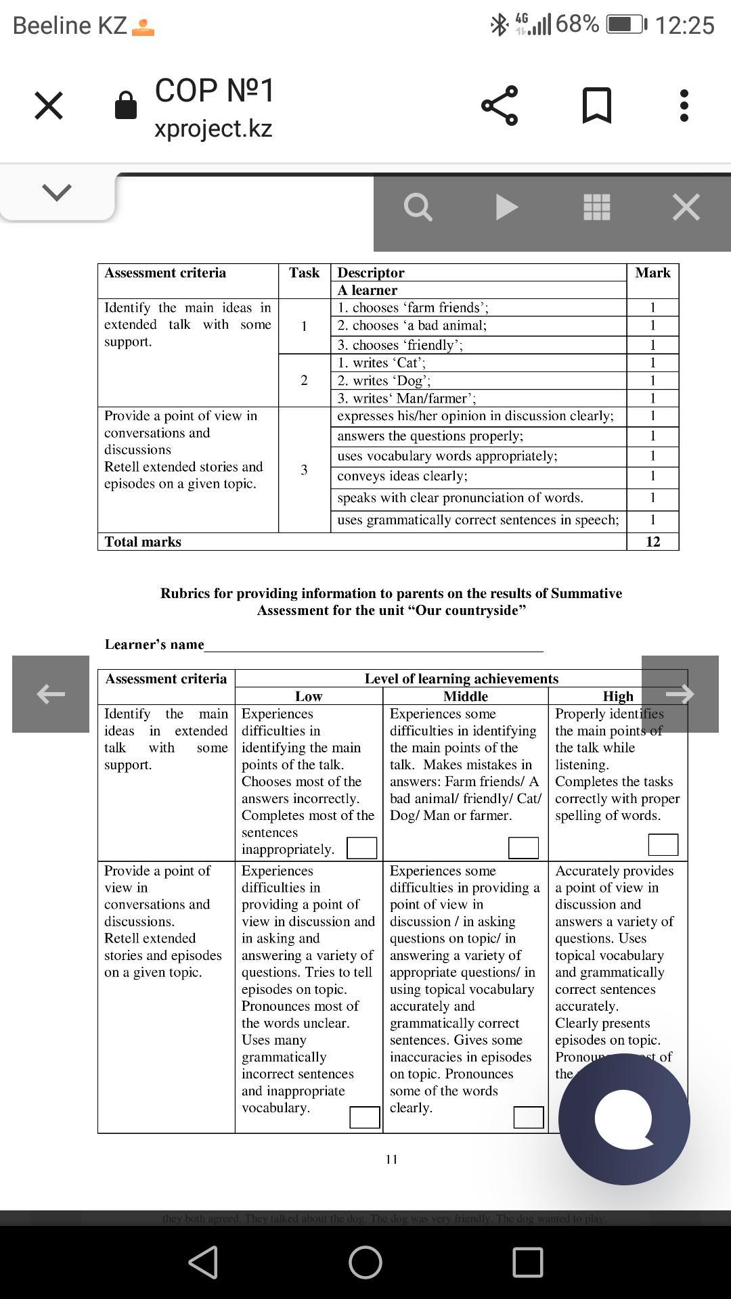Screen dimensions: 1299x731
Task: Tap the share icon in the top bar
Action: click(500, 106)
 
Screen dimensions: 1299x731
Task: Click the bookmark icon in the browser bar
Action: click(597, 106)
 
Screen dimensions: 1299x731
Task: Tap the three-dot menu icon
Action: click(684, 106)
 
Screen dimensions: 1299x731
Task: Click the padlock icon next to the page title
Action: click(126, 106)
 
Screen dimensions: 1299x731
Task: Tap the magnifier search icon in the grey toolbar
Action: click(418, 207)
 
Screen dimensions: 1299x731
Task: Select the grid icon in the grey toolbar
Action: click(596, 207)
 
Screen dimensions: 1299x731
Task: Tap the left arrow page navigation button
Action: click(51, 693)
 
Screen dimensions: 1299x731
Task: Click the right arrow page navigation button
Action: click(680, 693)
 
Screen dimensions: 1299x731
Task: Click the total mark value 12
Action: click(652, 542)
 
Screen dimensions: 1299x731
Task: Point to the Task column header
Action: click(304, 273)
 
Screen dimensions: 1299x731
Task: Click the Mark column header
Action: click(652, 273)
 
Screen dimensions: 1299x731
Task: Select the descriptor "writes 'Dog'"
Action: click(384, 381)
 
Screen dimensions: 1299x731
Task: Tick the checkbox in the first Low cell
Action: click(361, 848)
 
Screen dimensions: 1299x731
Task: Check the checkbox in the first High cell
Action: click(663, 844)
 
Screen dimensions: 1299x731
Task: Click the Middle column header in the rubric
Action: click(465, 696)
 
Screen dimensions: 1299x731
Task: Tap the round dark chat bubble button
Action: click(624, 1119)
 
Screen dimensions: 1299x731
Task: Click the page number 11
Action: click(391, 1160)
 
